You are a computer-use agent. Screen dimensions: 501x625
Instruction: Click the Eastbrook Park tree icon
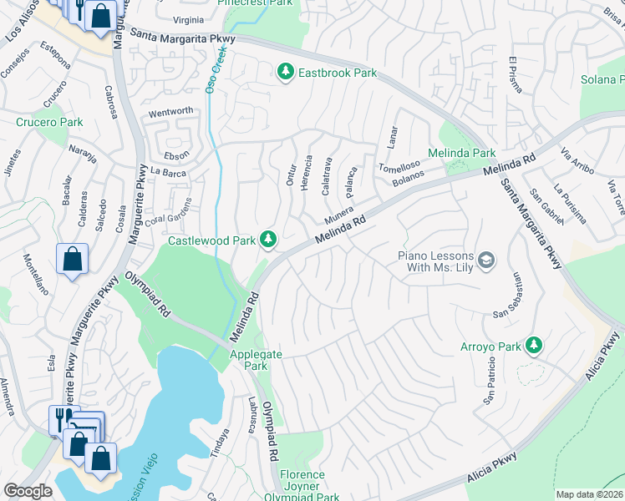coord(286,73)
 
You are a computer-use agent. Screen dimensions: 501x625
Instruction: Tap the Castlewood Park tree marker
coord(268,240)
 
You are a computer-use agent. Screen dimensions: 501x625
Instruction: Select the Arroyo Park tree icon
coord(532,346)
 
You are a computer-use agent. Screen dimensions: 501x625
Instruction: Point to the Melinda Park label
coord(461,154)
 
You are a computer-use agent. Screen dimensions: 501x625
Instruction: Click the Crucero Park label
coord(49,122)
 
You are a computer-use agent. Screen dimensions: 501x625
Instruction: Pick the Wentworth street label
coord(170,111)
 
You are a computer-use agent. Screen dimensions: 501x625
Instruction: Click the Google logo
coord(28,491)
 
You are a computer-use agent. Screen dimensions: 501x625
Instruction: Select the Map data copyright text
coord(589,494)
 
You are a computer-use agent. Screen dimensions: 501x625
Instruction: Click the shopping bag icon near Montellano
coord(73,259)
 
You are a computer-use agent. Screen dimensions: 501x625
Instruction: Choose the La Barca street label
coord(167,171)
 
